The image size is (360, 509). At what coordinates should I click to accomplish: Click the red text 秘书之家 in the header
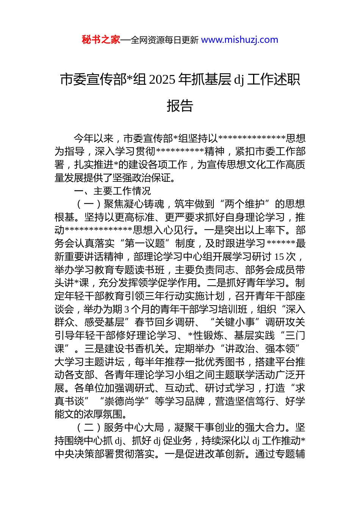coord(101,40)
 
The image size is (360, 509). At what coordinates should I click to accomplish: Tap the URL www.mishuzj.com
coord(239,40)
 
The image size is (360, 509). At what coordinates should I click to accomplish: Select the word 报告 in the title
coord(180,106)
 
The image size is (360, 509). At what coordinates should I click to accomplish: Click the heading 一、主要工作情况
coord(113,191)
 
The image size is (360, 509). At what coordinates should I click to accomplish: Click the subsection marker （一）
coord(89,204)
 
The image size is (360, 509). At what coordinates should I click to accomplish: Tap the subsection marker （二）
coord(89,428)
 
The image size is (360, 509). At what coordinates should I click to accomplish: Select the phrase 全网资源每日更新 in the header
coord(164,40)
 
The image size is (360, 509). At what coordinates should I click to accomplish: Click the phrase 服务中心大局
coord(134,428)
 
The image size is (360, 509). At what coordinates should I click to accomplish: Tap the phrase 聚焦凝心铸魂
coord(134,204)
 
